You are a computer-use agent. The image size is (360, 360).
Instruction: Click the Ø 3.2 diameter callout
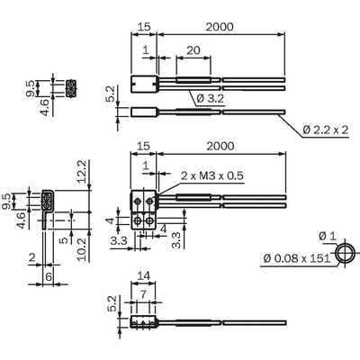[211, 98]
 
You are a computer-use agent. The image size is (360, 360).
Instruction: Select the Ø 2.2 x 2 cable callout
[326, 130]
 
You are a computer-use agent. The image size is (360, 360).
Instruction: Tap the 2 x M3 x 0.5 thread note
[212, 175]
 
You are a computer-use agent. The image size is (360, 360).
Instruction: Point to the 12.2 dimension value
[81, 171]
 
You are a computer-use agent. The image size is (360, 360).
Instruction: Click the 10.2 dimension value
[81, 249]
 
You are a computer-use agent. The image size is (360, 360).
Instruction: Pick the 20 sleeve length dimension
[193, 49]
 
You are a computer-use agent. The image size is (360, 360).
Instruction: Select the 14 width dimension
[143, 275]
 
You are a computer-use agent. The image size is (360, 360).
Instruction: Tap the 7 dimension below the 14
[143, 294]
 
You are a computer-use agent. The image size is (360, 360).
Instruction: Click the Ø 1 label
[328, 236]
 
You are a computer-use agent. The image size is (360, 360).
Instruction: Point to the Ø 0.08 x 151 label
[297, 258]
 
